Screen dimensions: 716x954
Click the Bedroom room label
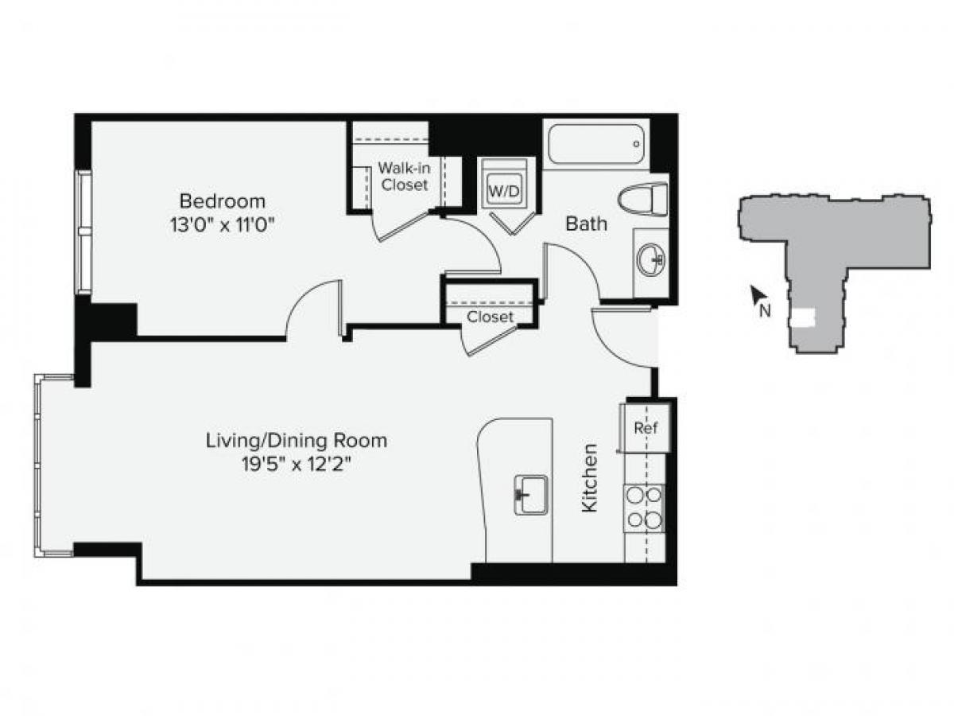[222, 200]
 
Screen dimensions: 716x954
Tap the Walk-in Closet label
[403, 177]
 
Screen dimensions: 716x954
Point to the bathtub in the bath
[596, 144]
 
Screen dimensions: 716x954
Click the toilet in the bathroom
[643, 199]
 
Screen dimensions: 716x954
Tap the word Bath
[586, 224]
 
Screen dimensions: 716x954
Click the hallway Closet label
[490, 317]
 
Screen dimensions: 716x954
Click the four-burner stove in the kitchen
[644, 508]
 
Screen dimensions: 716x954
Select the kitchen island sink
[531, 495]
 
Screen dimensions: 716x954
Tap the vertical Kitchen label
[589, 477]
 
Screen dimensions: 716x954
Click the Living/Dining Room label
[297, 440]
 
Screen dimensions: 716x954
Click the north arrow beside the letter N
[755, 296]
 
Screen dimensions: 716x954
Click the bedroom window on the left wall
[83, 232]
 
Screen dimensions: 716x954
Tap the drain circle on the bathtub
[636, 144]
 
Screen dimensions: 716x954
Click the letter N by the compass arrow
[766, 311]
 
